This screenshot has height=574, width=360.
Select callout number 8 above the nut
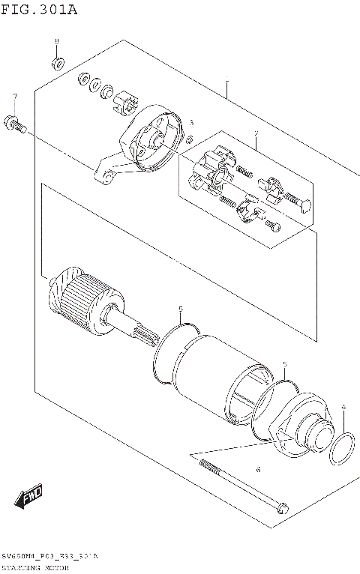[x=55, y=40]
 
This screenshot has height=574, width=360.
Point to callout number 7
[x=14, y=97]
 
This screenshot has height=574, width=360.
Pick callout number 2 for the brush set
[x=256, y=135]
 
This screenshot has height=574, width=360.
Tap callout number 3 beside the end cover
[x=191, y=122]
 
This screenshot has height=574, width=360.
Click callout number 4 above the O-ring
[x=343, y=408]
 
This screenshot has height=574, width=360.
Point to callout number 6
[x=258, y=470]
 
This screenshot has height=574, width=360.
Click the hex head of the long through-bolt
[x=283, y=509]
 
